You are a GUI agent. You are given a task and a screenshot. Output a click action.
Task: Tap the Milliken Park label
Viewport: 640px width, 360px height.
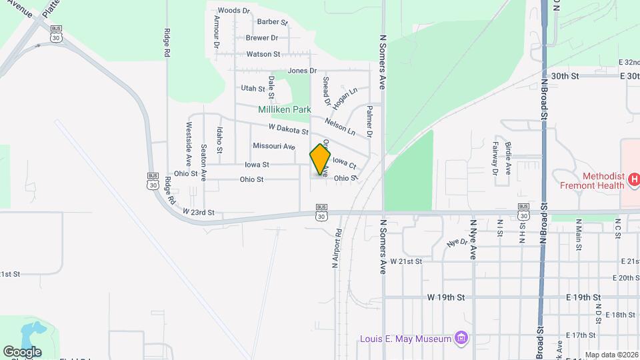click(285, 109)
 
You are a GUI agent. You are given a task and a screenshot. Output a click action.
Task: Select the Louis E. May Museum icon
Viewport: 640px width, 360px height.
click(461, 339)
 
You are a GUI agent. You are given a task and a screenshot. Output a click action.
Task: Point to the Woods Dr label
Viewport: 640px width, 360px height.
click(233, 11)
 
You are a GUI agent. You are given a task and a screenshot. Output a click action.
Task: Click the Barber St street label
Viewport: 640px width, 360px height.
click(272, 22)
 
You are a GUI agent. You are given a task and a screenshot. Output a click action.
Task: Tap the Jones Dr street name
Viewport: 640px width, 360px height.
click(302, 71)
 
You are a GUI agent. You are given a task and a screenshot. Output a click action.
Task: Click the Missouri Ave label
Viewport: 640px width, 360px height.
click(273, 146)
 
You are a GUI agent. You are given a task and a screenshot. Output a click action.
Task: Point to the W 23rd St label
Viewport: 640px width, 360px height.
click(199, 212)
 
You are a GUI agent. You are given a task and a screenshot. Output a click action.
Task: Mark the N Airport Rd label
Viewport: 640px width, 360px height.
click(337, 249)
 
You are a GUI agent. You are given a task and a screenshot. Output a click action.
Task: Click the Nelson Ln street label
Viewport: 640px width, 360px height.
click(340, 123)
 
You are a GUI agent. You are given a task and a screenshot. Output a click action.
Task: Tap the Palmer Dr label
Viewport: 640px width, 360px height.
click(368, 121)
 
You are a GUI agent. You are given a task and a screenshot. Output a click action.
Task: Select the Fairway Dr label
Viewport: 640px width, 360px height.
click(495, 163)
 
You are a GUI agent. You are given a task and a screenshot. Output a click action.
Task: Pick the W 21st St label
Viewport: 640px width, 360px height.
click(407, 261)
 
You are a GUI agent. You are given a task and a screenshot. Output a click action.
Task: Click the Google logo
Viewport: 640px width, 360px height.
click(22, 351)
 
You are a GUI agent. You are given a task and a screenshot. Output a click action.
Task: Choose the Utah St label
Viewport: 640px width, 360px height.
click(253, 88)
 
